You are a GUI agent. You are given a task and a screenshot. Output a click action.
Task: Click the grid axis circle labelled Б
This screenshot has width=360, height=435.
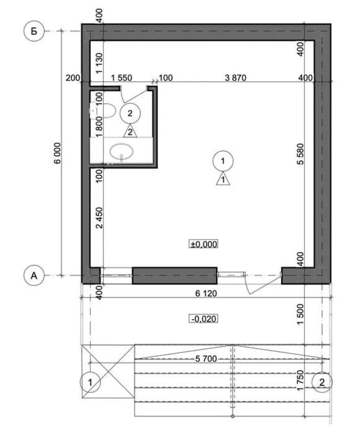(34, 32)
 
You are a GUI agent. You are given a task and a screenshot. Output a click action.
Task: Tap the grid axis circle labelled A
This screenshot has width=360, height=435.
(34, 276)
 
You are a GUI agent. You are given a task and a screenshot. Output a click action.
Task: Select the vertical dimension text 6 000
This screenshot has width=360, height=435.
(57, 154)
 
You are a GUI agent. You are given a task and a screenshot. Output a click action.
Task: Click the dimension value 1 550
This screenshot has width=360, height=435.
(121, 78)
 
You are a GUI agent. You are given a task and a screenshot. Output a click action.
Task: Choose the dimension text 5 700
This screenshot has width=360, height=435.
(206, 359)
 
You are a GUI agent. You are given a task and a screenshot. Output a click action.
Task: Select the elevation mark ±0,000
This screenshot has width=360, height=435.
(204, 244)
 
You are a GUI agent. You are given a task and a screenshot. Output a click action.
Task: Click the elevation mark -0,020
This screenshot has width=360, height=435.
(204, 319)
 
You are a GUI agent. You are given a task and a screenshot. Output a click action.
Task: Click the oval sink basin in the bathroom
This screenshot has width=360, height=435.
(122, 152)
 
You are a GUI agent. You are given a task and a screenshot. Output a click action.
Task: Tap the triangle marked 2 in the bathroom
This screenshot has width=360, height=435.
(130, 132)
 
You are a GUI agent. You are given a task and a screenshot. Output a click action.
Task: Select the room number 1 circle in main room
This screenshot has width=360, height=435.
(223, 161)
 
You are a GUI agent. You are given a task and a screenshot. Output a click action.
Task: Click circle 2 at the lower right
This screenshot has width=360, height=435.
(322, 382)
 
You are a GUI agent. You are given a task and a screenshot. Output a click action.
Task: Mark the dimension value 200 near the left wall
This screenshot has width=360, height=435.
(73, 78)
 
